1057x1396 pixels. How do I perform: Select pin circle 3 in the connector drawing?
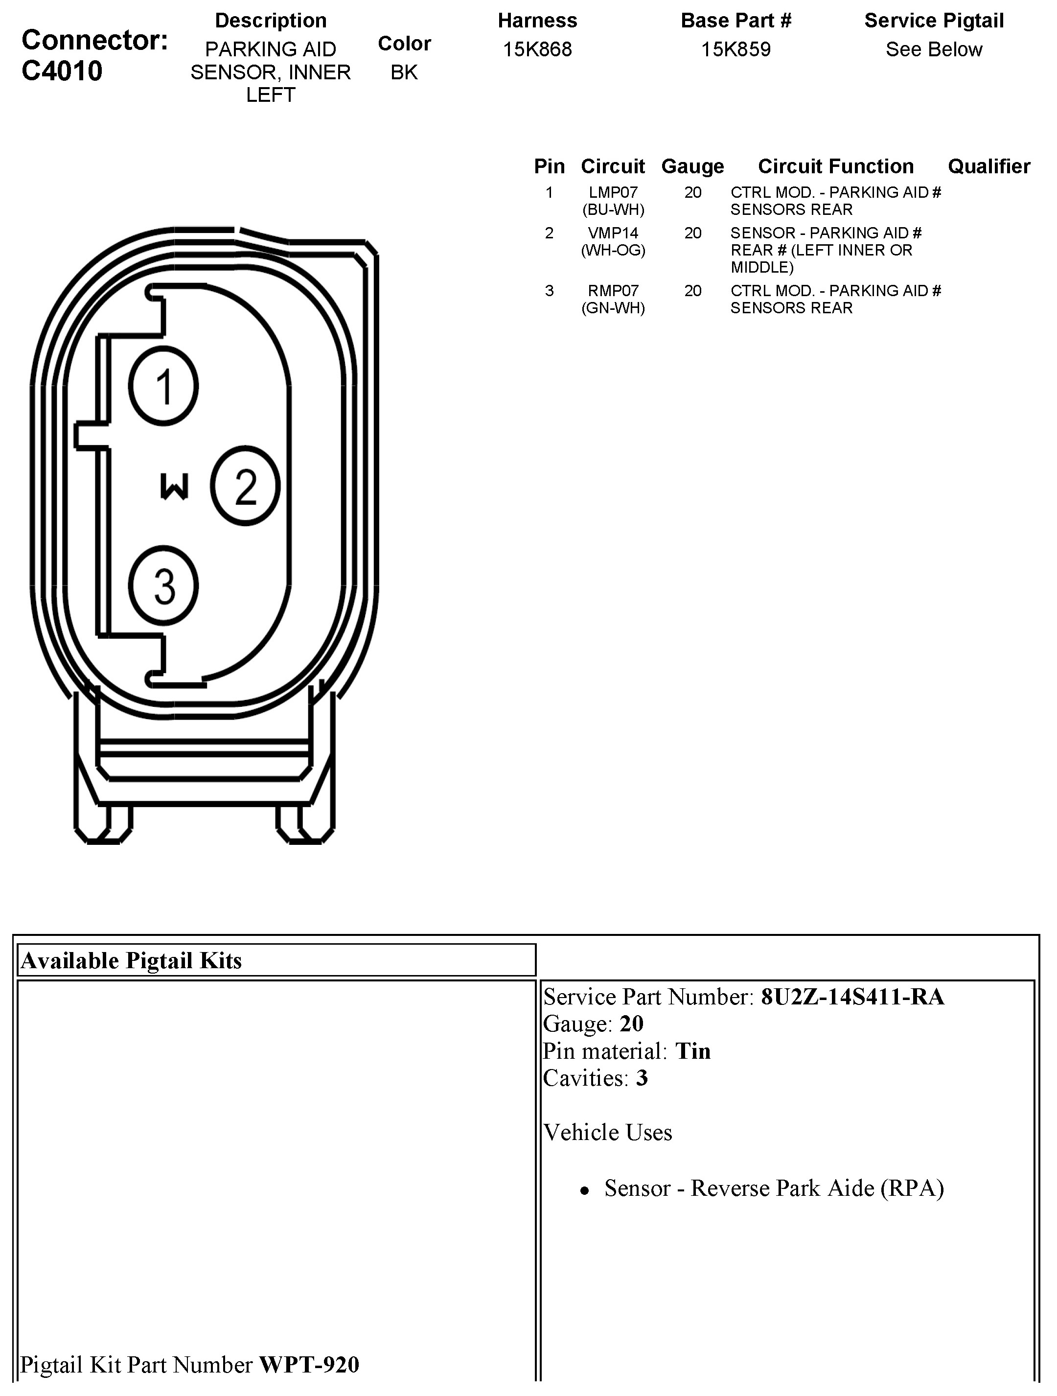163,585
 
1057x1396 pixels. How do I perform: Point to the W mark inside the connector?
174,487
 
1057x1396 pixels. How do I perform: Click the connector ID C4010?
62,70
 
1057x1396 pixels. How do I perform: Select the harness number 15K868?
537,49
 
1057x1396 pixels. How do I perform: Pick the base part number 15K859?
736,49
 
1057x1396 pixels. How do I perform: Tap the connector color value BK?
404,72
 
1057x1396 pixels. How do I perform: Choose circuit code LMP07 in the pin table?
613,192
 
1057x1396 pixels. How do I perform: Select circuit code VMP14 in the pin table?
613,233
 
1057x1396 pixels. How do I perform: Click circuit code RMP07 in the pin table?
613,290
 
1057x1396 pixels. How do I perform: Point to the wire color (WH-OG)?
613,250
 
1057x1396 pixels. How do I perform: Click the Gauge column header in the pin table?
692,166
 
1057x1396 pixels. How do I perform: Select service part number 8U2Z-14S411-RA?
852,997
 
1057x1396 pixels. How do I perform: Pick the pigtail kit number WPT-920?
309,1365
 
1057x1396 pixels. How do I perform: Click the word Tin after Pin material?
693,1051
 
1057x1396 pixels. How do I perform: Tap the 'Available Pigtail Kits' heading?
131,960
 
